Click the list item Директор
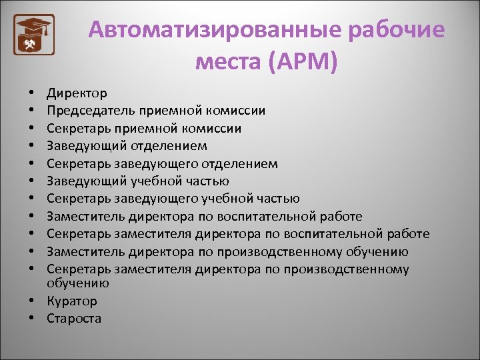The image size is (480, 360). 77,93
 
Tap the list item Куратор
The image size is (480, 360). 71,301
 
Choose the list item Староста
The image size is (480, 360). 74,318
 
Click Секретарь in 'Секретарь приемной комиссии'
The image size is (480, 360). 78,128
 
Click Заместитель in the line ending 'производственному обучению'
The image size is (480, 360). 85,251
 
